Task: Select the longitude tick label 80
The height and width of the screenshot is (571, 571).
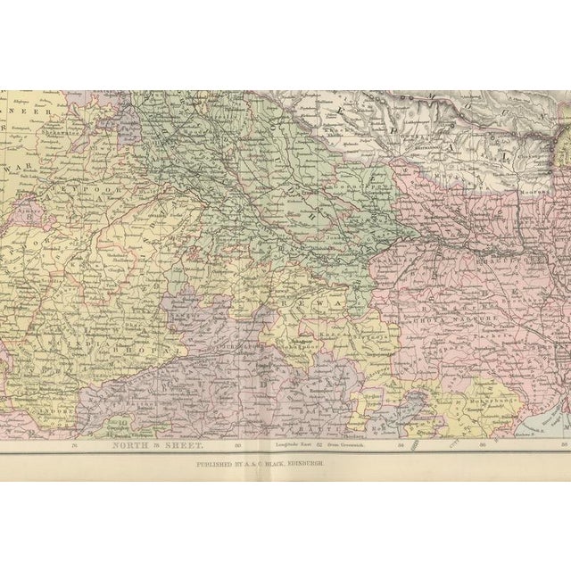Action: [237, 444]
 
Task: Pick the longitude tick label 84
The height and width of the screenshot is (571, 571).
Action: [401, 444]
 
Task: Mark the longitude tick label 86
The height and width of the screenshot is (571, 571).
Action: [483, 444]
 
